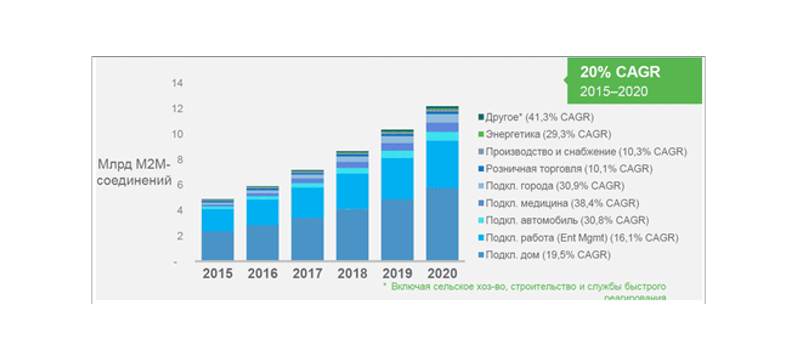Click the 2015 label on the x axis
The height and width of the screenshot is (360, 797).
[218, 273]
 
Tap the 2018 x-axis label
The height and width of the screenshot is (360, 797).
[352, 273]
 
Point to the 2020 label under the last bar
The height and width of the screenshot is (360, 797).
[442, 273]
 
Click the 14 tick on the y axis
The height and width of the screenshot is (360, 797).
[177, 83]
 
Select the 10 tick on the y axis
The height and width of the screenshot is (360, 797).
[177, 134]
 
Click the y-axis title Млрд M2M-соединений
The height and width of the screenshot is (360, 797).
[134, 172]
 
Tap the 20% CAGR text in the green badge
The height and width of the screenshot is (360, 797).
[620, 72]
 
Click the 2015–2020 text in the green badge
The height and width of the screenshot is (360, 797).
[614, 92]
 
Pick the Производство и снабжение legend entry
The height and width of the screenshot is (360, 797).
[586, 151]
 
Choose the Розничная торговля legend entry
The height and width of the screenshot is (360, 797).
[569, 169]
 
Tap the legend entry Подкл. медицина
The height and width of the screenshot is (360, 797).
[562, 203]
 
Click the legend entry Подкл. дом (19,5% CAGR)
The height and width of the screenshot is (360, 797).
[548, 255]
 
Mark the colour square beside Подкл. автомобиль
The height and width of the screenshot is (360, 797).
[481, 221]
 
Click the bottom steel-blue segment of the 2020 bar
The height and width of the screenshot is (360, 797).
[442, 224]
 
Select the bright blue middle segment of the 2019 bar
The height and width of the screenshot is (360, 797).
[397, 179]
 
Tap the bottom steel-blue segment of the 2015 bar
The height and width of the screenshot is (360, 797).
[218, 246]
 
